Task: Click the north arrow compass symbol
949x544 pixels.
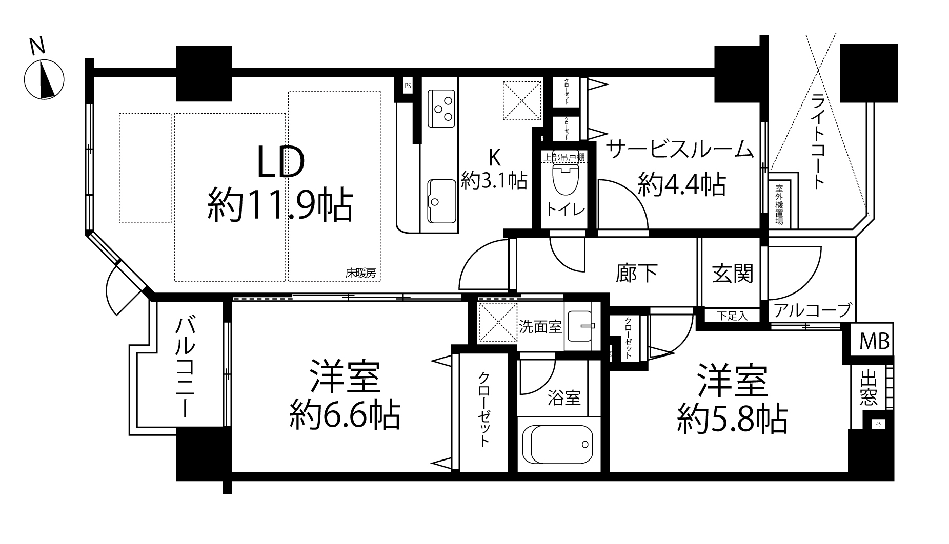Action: coord(44,79)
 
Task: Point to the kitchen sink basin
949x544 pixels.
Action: coord(441,201)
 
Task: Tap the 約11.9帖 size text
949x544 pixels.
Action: coord(280,206)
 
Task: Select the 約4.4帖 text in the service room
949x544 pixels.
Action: coord(682,185)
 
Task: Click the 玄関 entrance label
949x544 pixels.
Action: coord(732,274)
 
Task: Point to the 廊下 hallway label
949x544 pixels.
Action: coord(636,274)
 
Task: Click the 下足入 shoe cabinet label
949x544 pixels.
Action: coord(732,316)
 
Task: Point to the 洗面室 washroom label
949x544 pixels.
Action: coord(540,326)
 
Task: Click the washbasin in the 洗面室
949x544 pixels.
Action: coord(581,325)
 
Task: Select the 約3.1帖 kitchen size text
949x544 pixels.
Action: coord(494,180)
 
